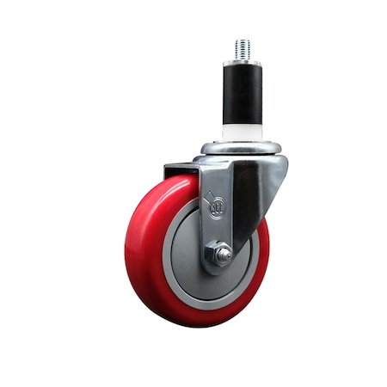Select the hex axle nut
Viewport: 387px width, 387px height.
tap(220, 254)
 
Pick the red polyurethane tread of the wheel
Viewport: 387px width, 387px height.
tap(146, 258)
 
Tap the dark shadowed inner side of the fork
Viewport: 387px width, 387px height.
tap(249, 198)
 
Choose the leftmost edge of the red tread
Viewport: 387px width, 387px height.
tap(126, 249)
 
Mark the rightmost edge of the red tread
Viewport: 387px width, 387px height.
tap(268, 258)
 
